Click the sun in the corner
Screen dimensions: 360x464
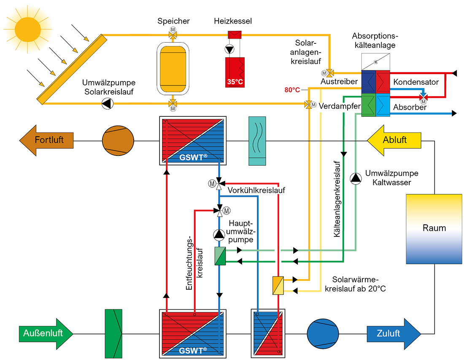tap(27, 26)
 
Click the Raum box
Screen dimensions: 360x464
tap(434, 228)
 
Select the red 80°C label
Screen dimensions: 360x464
tap(292, 90)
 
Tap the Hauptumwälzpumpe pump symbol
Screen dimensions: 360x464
tap(219, 234)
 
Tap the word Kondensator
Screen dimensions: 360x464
tap(416, 82)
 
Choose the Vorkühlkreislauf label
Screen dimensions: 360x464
tap(256, 190)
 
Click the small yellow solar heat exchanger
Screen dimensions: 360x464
tap(278, 285)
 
